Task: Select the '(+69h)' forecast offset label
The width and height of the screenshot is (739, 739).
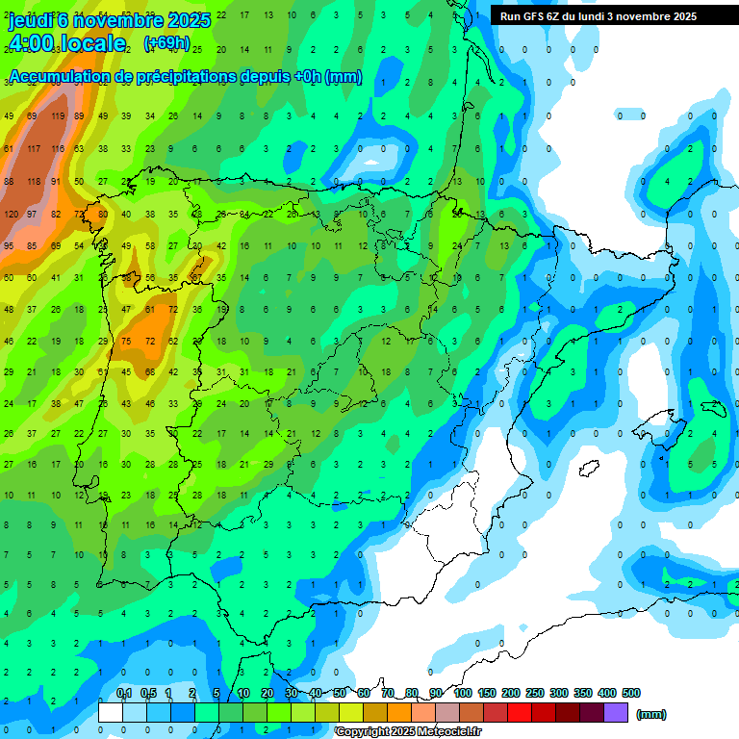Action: pyautogui.click(x=166, y=43)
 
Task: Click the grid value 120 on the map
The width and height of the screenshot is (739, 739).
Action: pyautogui.click(x=11, y=214)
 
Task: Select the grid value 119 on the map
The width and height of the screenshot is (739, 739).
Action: pyautogui.click(x=58, y=116)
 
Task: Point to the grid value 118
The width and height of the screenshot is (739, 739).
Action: pyautogui.click(x=35, y=182)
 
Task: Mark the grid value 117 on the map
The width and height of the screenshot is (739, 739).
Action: pyautogui.click(x=35, y=149)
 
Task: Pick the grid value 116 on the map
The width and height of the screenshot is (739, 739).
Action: pyautogui.click(x=58, y=149)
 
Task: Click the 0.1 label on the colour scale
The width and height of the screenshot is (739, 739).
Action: pyautogui.click(x=123, y=693)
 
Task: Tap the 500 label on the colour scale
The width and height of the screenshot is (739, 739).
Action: pyautogui.click(x=631, y=693)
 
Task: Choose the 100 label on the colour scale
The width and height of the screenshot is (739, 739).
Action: pyautogui.click(x=462, y=693)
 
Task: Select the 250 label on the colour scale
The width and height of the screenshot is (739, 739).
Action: pyautogui.click(x=534, y=693)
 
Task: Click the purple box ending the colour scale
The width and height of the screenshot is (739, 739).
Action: pyautogui.click(x=616, y=713)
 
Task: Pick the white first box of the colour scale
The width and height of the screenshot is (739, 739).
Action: pyautogui.click(x=111, y=713)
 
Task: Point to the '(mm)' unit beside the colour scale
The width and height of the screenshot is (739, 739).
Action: pyautogui.click(x=651, y=714)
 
